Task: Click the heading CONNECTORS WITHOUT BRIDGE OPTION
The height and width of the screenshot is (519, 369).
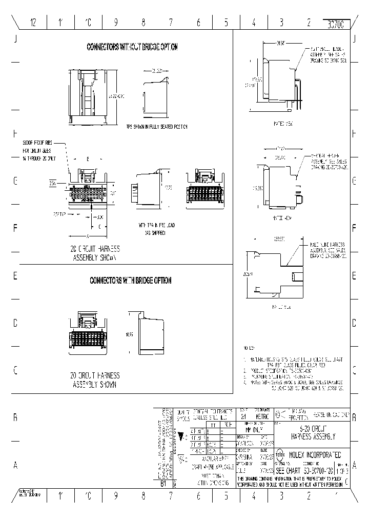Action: pyautogui.click(x=132, y=47)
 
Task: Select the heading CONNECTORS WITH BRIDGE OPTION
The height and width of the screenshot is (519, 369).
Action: pyautogui.click(x=131, y=281)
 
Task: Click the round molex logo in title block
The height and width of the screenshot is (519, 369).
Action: pyautogui.click(x=281, y=454)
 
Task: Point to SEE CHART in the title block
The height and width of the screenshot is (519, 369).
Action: pyautogui.click(x=288, y=470)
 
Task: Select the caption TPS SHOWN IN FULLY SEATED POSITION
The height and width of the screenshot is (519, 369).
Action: pyautogui.click(x=157, y=127)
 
